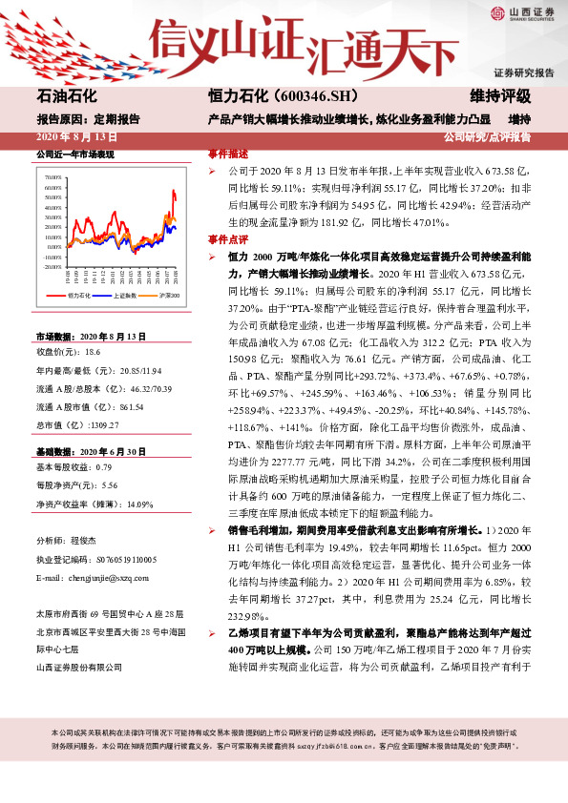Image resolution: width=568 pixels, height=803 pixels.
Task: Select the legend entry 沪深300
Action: [x=169, y=297]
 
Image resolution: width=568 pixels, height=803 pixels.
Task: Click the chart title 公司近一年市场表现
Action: [x=74, y=154]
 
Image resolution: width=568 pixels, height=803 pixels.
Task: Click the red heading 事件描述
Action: [x=228, y=154]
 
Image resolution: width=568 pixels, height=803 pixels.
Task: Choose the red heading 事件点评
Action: [x=228, y=240]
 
